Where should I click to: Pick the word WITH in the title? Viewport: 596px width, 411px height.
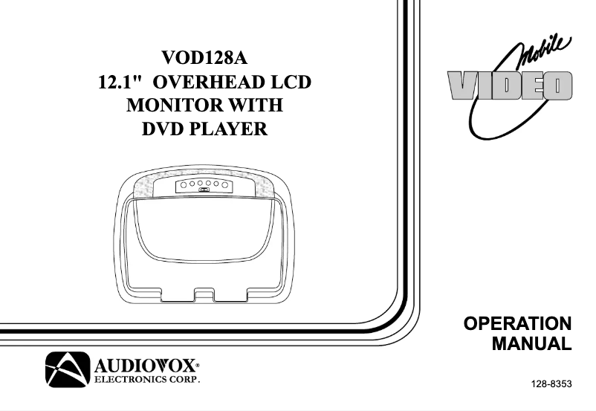tap(255, 106)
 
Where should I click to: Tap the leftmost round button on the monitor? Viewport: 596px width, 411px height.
tap(182, 183)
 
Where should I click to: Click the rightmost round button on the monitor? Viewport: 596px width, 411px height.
tap(222, 183)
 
